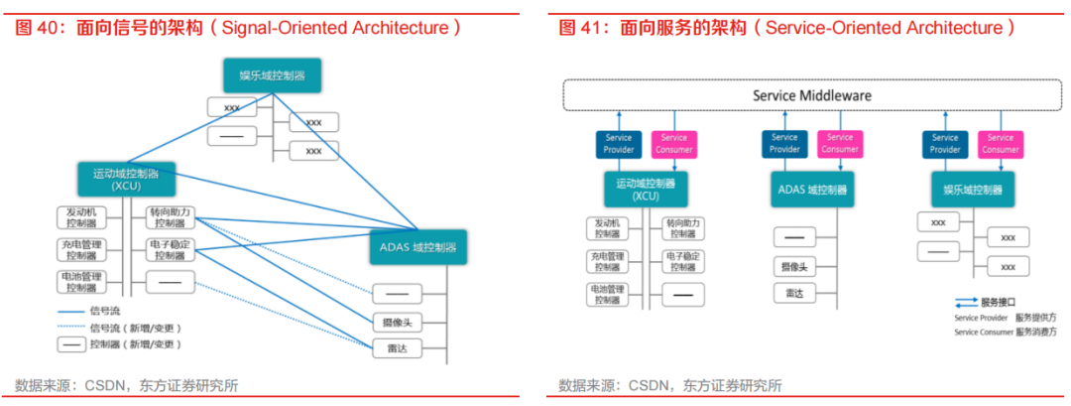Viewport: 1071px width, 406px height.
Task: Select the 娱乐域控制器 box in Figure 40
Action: (x=271, y=75)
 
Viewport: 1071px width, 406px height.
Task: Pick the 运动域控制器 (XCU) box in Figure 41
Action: (x=645, y=190)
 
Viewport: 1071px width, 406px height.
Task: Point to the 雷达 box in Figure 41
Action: (x=794, y=294)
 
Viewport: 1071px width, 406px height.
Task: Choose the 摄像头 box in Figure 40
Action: (x=397, y=322)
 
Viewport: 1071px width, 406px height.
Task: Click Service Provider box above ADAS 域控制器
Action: (x=784, y=144)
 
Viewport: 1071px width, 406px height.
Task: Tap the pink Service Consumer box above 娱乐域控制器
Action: (x=1000, y=144)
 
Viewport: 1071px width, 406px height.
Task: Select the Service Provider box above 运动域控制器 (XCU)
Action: (x=618, y=144)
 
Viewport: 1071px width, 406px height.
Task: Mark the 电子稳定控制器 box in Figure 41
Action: (x=681, y=261)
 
